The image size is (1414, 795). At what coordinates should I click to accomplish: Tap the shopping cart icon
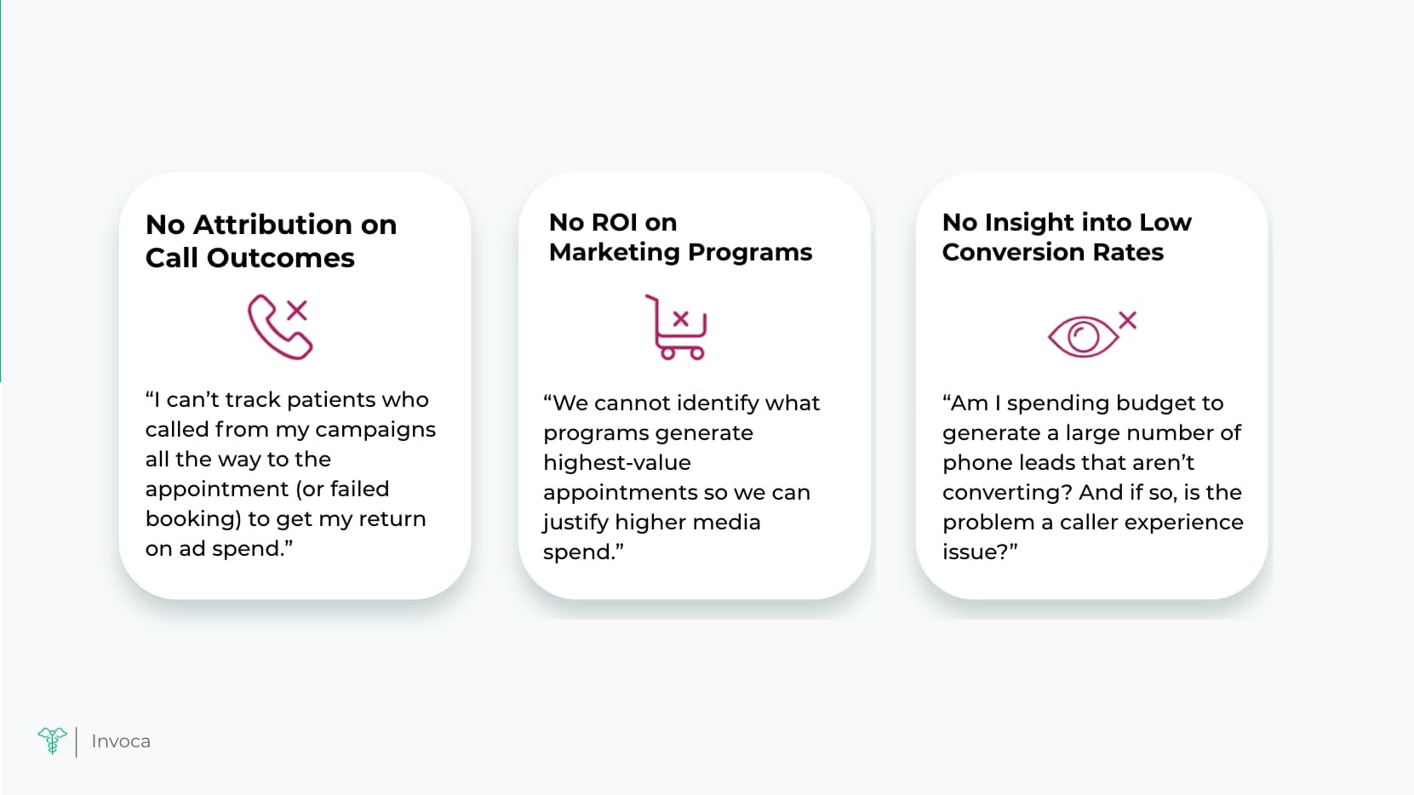coord(676,328)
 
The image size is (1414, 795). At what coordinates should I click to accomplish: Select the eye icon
coord(1083,336)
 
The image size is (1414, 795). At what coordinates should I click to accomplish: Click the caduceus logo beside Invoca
coord(53,741)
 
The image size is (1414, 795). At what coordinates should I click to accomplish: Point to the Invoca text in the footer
coord(121,741)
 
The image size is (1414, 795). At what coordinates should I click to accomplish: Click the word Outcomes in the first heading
coord(281,258)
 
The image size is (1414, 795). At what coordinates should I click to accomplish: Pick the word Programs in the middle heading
coord(750,253)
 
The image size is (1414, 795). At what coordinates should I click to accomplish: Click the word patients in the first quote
coord(331,400)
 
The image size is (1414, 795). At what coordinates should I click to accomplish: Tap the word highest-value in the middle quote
coord(616,462)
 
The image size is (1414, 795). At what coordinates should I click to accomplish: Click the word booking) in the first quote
coord(194,519)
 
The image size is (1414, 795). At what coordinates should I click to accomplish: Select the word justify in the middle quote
coord(575,523)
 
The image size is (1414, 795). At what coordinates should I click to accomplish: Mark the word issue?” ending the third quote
coord(980,552)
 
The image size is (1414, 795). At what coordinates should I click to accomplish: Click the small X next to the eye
coord(1127,320)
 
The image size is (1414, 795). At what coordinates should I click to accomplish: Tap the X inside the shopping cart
coord(680,318)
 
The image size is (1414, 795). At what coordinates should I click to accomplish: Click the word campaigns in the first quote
coord(375,431)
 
